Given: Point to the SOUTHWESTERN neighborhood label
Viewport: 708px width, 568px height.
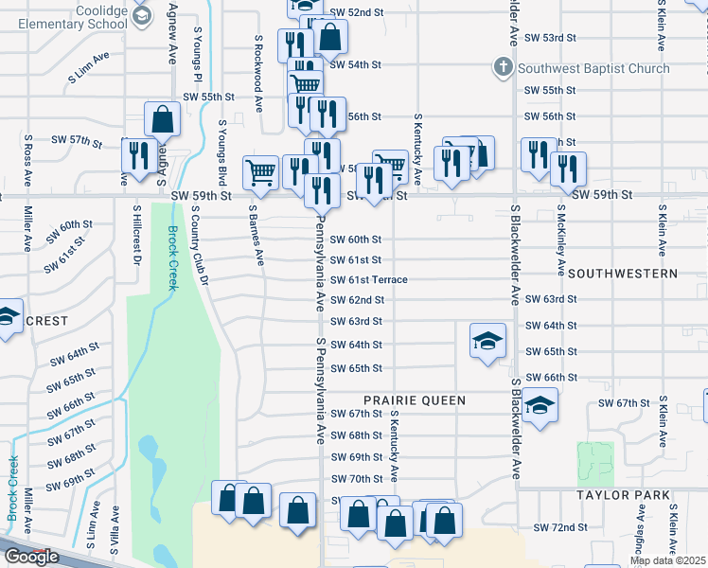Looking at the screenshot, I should pyautogui.click(x=623, y=273).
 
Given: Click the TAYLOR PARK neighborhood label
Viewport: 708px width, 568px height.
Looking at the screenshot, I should pyautogui.click(x=627, y=495).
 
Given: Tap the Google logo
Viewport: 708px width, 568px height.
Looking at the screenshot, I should pyautogui.click(x=31, y=557).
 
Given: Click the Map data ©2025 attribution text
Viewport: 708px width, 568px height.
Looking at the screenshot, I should pyautogui.click(x=667, y=560).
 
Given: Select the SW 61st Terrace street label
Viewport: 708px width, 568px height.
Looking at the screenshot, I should pyautogui.click(x=368, y=280).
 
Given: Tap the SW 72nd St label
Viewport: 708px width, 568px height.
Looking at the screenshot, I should pyautogui.click(x=556, y=526).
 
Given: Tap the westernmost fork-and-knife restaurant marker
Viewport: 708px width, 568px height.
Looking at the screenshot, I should pyautogui.click(x=139, y=155).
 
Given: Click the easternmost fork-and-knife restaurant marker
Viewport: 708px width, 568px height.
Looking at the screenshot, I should pyautogui.click(x=568, y=168).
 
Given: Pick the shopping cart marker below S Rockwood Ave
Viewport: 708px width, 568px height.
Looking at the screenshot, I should pyautogui.click(x=260, y=171).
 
